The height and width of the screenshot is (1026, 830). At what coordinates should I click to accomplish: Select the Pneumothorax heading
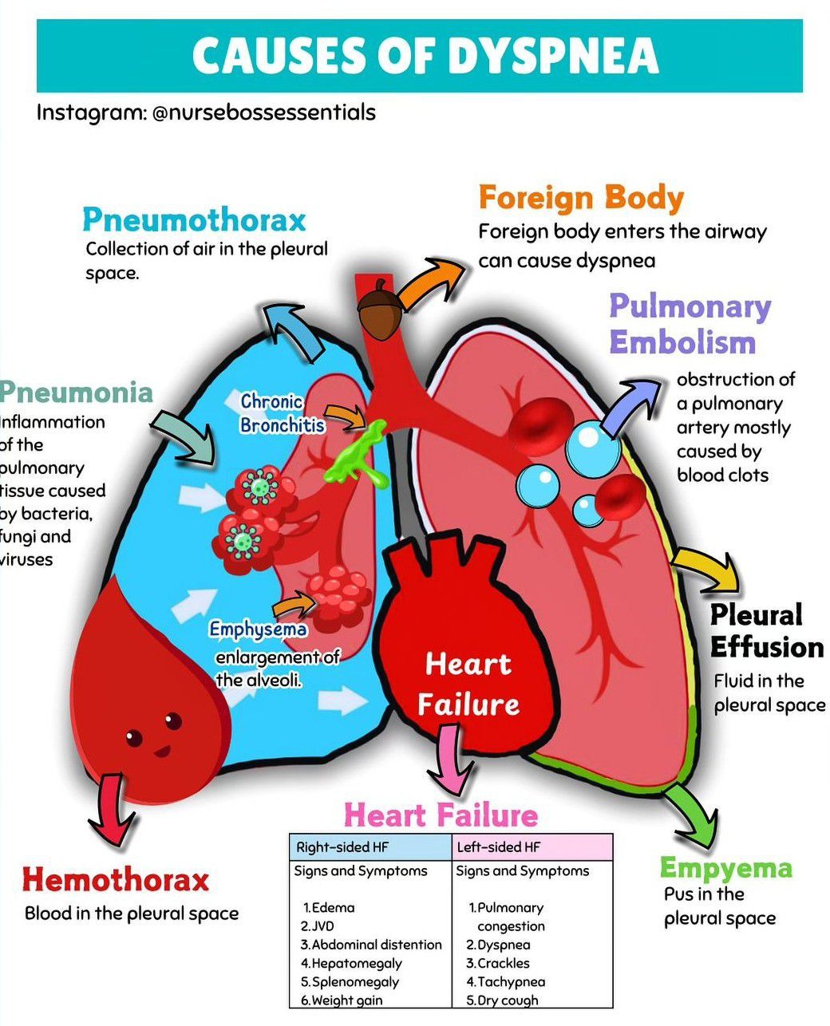[x=194, y=219]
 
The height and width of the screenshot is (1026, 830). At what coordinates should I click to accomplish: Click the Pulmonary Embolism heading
[x=690, y=324]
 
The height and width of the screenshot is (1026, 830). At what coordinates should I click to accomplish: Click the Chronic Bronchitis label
[x=282, y=413]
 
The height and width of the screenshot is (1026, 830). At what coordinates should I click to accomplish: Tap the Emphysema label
[x=258, y=629]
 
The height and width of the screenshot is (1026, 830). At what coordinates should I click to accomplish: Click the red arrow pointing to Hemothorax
[x=113, y=810]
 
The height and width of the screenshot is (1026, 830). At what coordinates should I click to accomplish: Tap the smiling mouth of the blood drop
[x=163, y=751]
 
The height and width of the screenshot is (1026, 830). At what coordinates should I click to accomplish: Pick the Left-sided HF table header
[x=499, y=847]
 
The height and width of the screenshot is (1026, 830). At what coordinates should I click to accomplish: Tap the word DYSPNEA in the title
[x=552, y=56]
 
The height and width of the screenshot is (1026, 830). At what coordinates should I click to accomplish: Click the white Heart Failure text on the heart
[x=468, y=684]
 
